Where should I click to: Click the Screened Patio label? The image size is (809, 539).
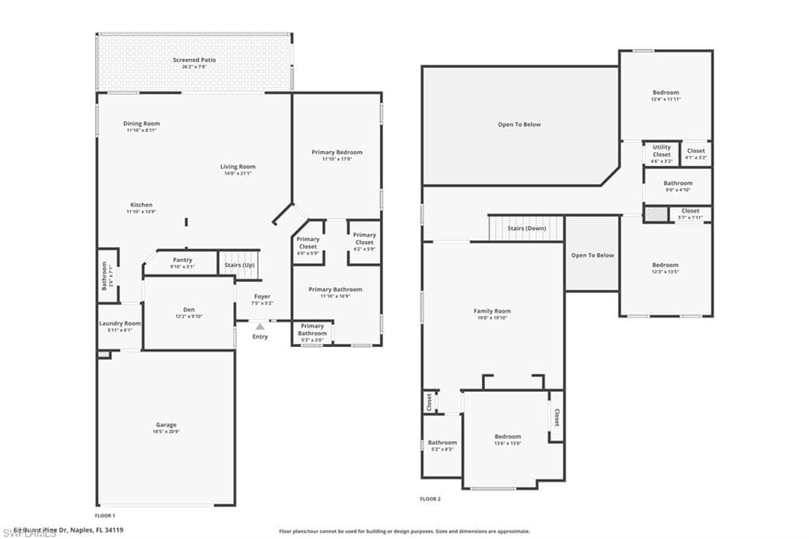pos(194,60)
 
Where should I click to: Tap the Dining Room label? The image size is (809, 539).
pos(141,123)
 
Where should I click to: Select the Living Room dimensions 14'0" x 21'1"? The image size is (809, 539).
pos(237,174)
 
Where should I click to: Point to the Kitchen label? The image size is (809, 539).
pos(141,205)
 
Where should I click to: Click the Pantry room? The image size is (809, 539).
pos(181,263)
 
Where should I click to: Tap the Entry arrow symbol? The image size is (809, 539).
pos(260,326)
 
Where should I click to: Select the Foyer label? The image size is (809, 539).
pos(262,296)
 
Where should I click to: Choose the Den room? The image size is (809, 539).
pos(189,312)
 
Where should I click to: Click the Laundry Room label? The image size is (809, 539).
pos(120,323)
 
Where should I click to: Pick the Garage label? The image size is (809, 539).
pos(166,424)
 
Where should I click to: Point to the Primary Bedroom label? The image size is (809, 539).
pos(337,152)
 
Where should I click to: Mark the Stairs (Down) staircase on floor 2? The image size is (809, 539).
pos(526,228)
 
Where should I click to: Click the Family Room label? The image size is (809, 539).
pos(492,311)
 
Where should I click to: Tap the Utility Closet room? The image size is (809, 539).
pos(661,153)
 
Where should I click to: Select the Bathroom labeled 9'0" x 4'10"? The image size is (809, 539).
pos(677,186)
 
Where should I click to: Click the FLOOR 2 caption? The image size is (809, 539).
pos(431,499)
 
